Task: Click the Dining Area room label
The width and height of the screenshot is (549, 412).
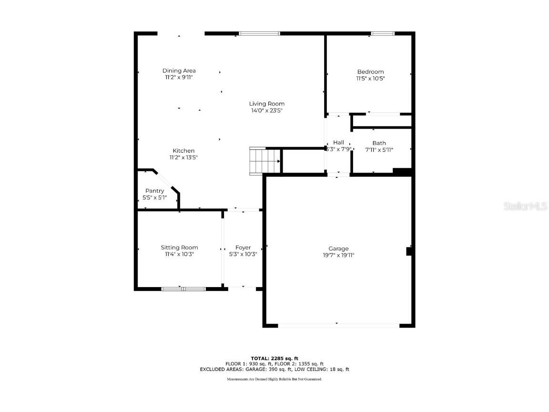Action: (x=179, y=71)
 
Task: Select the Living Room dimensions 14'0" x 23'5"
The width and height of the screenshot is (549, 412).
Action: (x=266, y=111)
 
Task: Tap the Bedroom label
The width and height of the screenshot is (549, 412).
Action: (x=370, y=72)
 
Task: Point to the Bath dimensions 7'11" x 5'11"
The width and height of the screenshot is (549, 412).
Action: (x=379, y=150)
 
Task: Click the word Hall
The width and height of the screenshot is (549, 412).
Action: (x=338, y=142)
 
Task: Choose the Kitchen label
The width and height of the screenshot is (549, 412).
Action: (x=183, y=151)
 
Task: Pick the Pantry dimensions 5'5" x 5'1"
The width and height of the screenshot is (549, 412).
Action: (x=154, y=197)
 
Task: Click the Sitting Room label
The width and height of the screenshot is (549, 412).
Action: (x=179, y=247)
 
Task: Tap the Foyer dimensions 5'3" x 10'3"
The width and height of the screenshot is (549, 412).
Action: (x=243, y=254)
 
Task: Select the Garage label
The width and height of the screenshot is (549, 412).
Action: (x=338, y=248)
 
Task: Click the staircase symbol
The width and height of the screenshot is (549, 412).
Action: (x=264, y=161)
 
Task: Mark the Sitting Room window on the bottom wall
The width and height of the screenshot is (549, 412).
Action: (x=183, y=288)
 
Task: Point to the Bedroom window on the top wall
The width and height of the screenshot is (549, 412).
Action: (x=383, y=33)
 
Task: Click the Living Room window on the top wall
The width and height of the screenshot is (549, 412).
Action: (x=259, y=33)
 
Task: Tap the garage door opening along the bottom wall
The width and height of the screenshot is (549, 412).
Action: (x=338, y=326)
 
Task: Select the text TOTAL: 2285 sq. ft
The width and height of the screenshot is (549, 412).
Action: (x=274, y=358)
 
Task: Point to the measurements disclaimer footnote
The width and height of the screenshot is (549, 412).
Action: (x=274, y=379)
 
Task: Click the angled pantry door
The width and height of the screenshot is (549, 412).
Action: (x=168, y=181)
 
